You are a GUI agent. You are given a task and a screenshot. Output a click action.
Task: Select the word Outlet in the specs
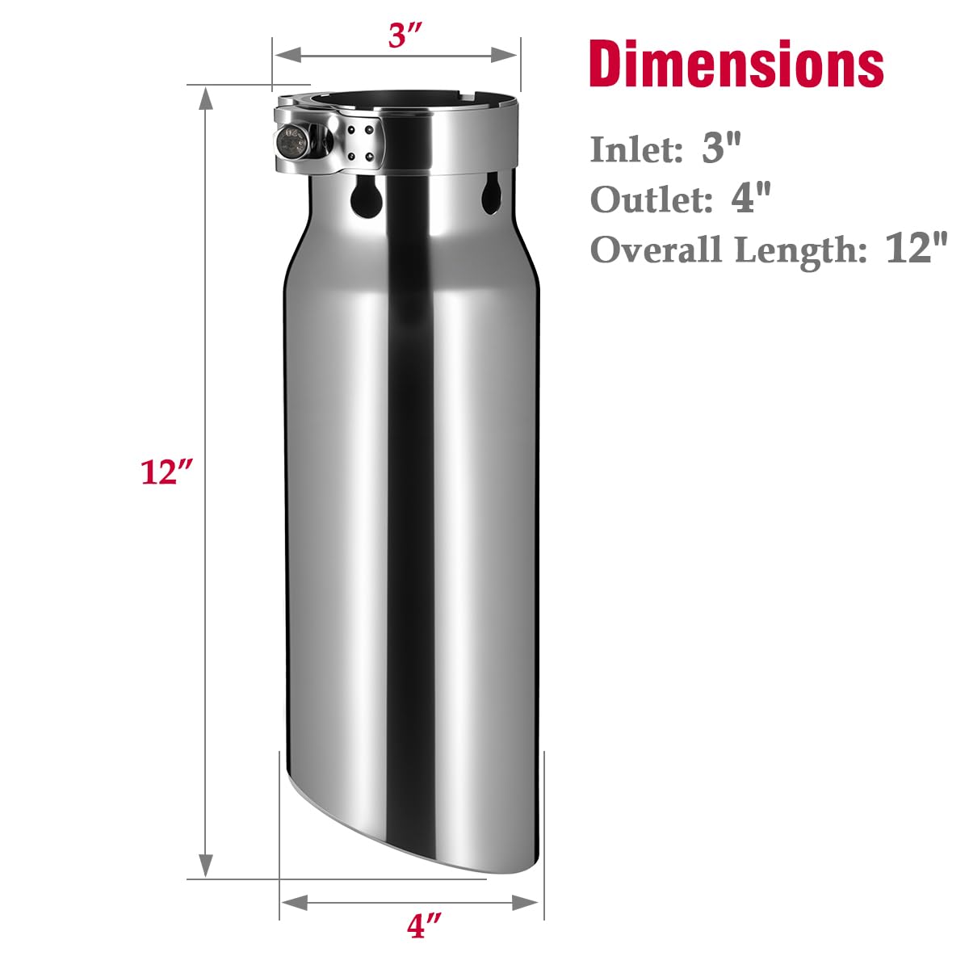tap(652, 199)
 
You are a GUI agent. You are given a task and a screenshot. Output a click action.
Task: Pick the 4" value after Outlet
tap(750, 199)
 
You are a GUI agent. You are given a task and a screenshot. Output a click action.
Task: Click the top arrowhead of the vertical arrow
tap(206, 101)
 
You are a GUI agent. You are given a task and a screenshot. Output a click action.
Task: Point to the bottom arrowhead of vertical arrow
tap(206, 864)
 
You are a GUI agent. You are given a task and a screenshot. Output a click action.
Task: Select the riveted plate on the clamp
tap(359, 143)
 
